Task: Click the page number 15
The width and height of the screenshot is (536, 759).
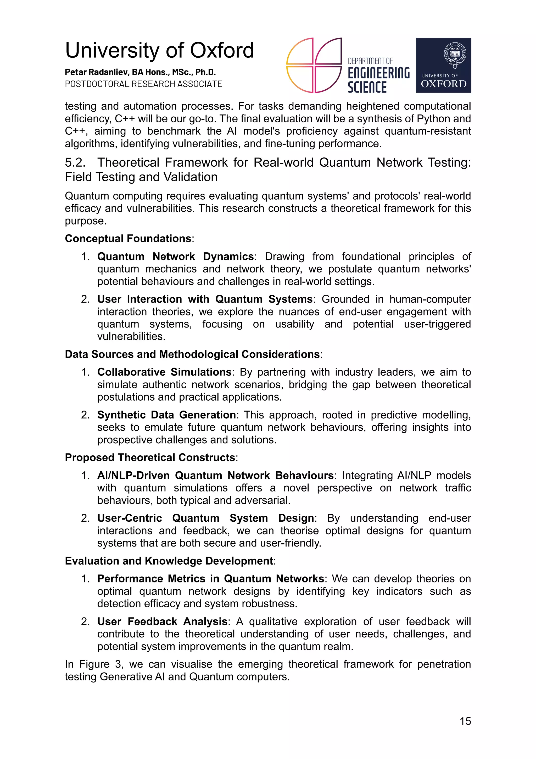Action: [465, 721]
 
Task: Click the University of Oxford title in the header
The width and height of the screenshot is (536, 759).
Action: [159, 51]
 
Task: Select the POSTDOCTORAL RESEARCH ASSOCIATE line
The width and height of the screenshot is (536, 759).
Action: [143, 84]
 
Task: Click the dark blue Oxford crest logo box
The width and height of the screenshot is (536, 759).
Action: [443, 65]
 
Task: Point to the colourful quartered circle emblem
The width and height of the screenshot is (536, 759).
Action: [314, 65]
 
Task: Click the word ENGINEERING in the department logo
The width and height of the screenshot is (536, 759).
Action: [378, 73]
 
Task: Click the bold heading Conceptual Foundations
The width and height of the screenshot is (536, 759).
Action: [128, 238]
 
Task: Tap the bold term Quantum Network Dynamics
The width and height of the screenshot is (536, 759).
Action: [175, 256]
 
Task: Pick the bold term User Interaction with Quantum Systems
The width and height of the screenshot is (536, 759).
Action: [204, 299]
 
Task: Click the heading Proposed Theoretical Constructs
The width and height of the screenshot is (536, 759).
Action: [150, 457]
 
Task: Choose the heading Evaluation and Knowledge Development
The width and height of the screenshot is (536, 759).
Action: [169, 561]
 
